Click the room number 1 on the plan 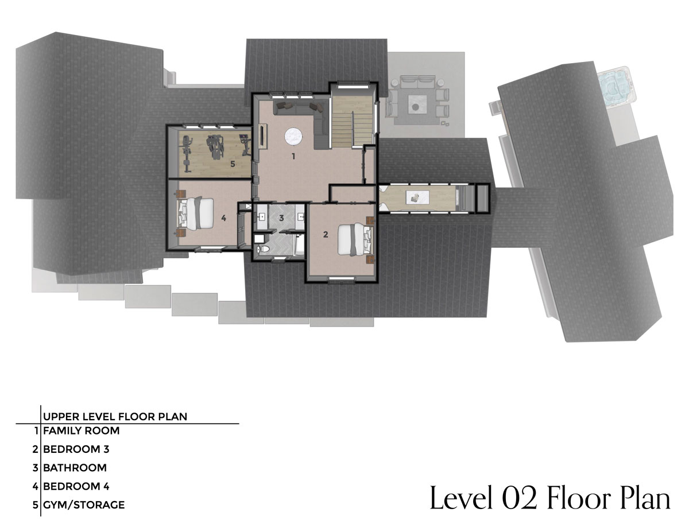(x=293, y=156)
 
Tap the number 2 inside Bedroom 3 (x=326, y=235)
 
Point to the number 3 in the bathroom (x=281, y=218)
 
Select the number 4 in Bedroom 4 (x=224, y=218)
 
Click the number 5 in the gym (x=233, y=164)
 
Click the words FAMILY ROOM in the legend (x=82, y=431)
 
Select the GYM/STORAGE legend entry (x=84, y=505)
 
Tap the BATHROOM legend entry (x=75, y=468)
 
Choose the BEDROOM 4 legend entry (x=76, y=486)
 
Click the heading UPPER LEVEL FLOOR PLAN (x=115, y=416)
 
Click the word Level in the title (x=461, y=498)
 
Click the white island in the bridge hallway (x=418, y=198)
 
